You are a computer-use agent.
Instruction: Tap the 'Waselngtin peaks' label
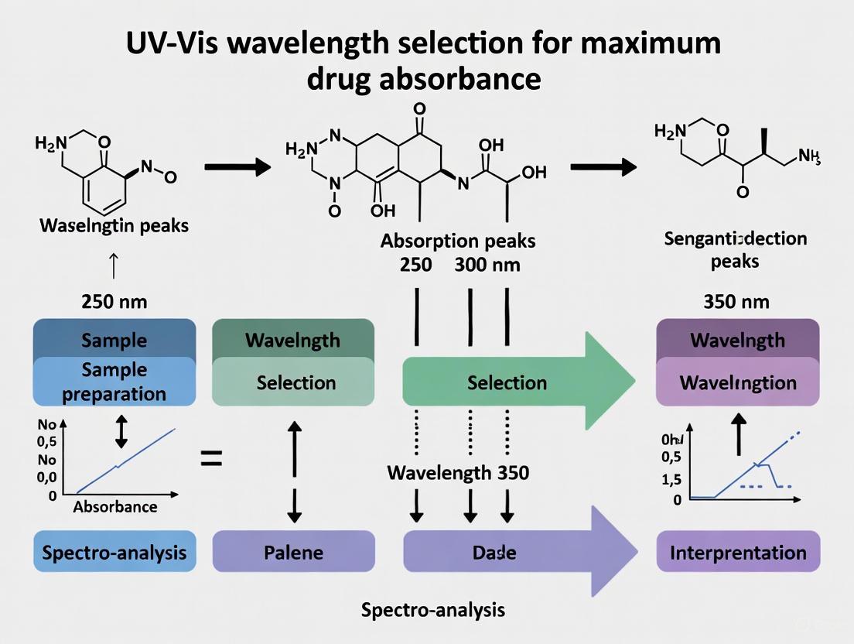[x=114, y=227]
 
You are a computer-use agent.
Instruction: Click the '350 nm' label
[x=736, y=302]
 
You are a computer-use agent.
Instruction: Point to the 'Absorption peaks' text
[x=458, y=241]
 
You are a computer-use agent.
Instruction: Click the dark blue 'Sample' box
[x=114, y=339]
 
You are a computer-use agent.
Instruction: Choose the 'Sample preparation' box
[x=114, y=382]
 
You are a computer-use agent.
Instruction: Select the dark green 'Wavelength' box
[x=292, y=339]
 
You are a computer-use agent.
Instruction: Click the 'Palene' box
[x=292, y=553]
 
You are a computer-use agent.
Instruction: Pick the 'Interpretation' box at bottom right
[x=737, y=553]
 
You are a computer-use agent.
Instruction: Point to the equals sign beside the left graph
[x=211, y=460]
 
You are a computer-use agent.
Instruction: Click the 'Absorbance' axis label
[x=114, y=507]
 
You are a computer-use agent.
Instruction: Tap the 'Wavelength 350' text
[x=458, y=471]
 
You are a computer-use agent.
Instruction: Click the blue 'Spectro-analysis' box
[x=114, y=553]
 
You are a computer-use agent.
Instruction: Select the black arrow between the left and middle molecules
[x=237, y=166]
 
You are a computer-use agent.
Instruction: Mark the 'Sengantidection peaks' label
[x=736, y=249]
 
